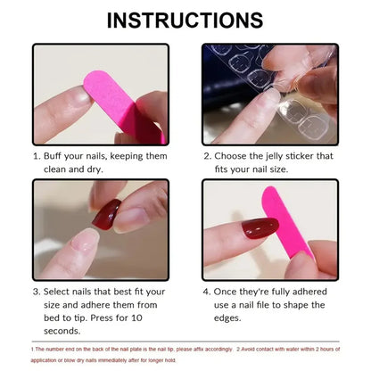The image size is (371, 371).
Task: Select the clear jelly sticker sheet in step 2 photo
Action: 259,76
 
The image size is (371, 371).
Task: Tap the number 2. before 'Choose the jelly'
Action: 207,155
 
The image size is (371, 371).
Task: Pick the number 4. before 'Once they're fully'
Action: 207,291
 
